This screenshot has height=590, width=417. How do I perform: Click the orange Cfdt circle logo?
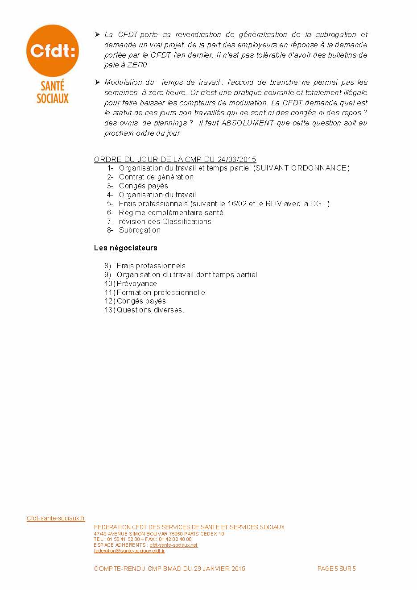pos(52,50)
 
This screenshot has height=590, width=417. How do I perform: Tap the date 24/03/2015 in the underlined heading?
pos(237,159)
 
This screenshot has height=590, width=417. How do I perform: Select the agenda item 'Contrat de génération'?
pos(156,177)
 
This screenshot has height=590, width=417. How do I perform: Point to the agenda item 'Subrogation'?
pos(140,230)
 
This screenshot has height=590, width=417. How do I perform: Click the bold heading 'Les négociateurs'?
pos(126,248)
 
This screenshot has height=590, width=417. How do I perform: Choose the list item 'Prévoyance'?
pos(136,283)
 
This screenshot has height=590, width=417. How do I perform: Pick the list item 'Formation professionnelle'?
pos(161,292)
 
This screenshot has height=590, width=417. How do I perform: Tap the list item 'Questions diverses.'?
pos(150,310)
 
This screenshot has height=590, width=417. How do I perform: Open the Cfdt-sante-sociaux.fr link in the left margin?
pos(56,518)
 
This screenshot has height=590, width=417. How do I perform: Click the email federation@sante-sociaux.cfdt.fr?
pos(129,551)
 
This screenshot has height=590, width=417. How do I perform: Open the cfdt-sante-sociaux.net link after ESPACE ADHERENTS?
pos(173,545)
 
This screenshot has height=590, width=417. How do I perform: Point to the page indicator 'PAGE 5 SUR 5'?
pos(336,569)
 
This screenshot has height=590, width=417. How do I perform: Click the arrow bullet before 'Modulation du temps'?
pos(97,82)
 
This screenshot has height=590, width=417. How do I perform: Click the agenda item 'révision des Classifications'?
pos(165,221)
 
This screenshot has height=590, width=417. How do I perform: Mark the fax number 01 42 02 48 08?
pos(174,539)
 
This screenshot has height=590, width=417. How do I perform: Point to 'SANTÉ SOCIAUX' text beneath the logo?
pos(53,91)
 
